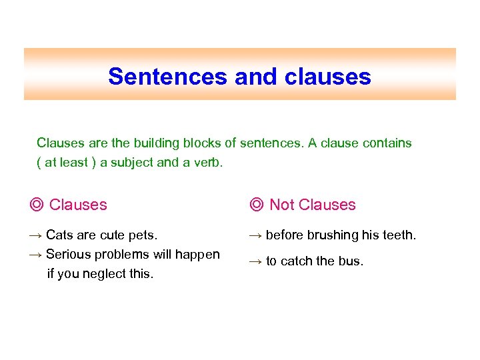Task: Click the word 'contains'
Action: click(x=387, y=143)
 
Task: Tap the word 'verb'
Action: click(x=208, y=163)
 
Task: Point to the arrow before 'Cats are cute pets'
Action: click(x=37, y=235)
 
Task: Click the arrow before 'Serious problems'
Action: click(x=37, y=254)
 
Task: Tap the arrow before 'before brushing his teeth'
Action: click(x=256, y=235)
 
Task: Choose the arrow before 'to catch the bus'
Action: click(x=256, y=261)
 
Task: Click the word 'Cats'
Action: click(x=60, y=235)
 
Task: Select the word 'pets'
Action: click(x=143, y=235)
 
